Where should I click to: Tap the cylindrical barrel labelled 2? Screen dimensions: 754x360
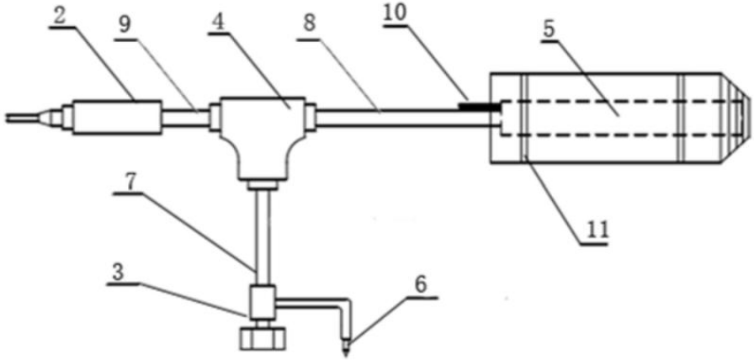pyautogui.click(x=116, y=115)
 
